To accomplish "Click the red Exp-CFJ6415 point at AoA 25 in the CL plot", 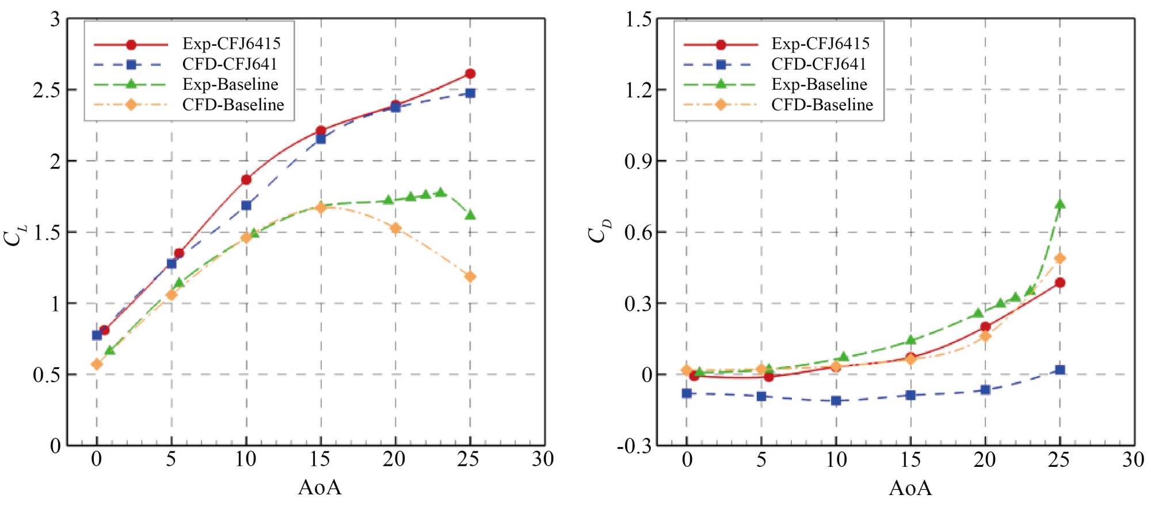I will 470,74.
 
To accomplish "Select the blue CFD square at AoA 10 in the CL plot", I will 246,206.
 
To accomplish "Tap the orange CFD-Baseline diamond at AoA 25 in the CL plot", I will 470,277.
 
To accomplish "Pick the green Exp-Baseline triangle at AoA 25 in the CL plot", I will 470,215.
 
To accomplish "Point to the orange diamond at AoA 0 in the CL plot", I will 97,364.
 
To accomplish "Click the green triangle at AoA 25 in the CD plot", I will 1059,204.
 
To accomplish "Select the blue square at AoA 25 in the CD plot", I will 1059,370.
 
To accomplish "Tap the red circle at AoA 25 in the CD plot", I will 1059,283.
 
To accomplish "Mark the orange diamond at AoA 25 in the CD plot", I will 1059,258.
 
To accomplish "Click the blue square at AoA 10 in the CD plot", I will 836,401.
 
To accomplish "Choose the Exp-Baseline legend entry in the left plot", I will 230,84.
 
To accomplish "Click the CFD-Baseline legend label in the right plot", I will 822,105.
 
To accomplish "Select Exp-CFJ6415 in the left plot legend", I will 231,43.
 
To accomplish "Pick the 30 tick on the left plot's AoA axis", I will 543,459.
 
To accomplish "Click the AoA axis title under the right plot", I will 910,488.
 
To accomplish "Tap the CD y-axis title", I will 600,233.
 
